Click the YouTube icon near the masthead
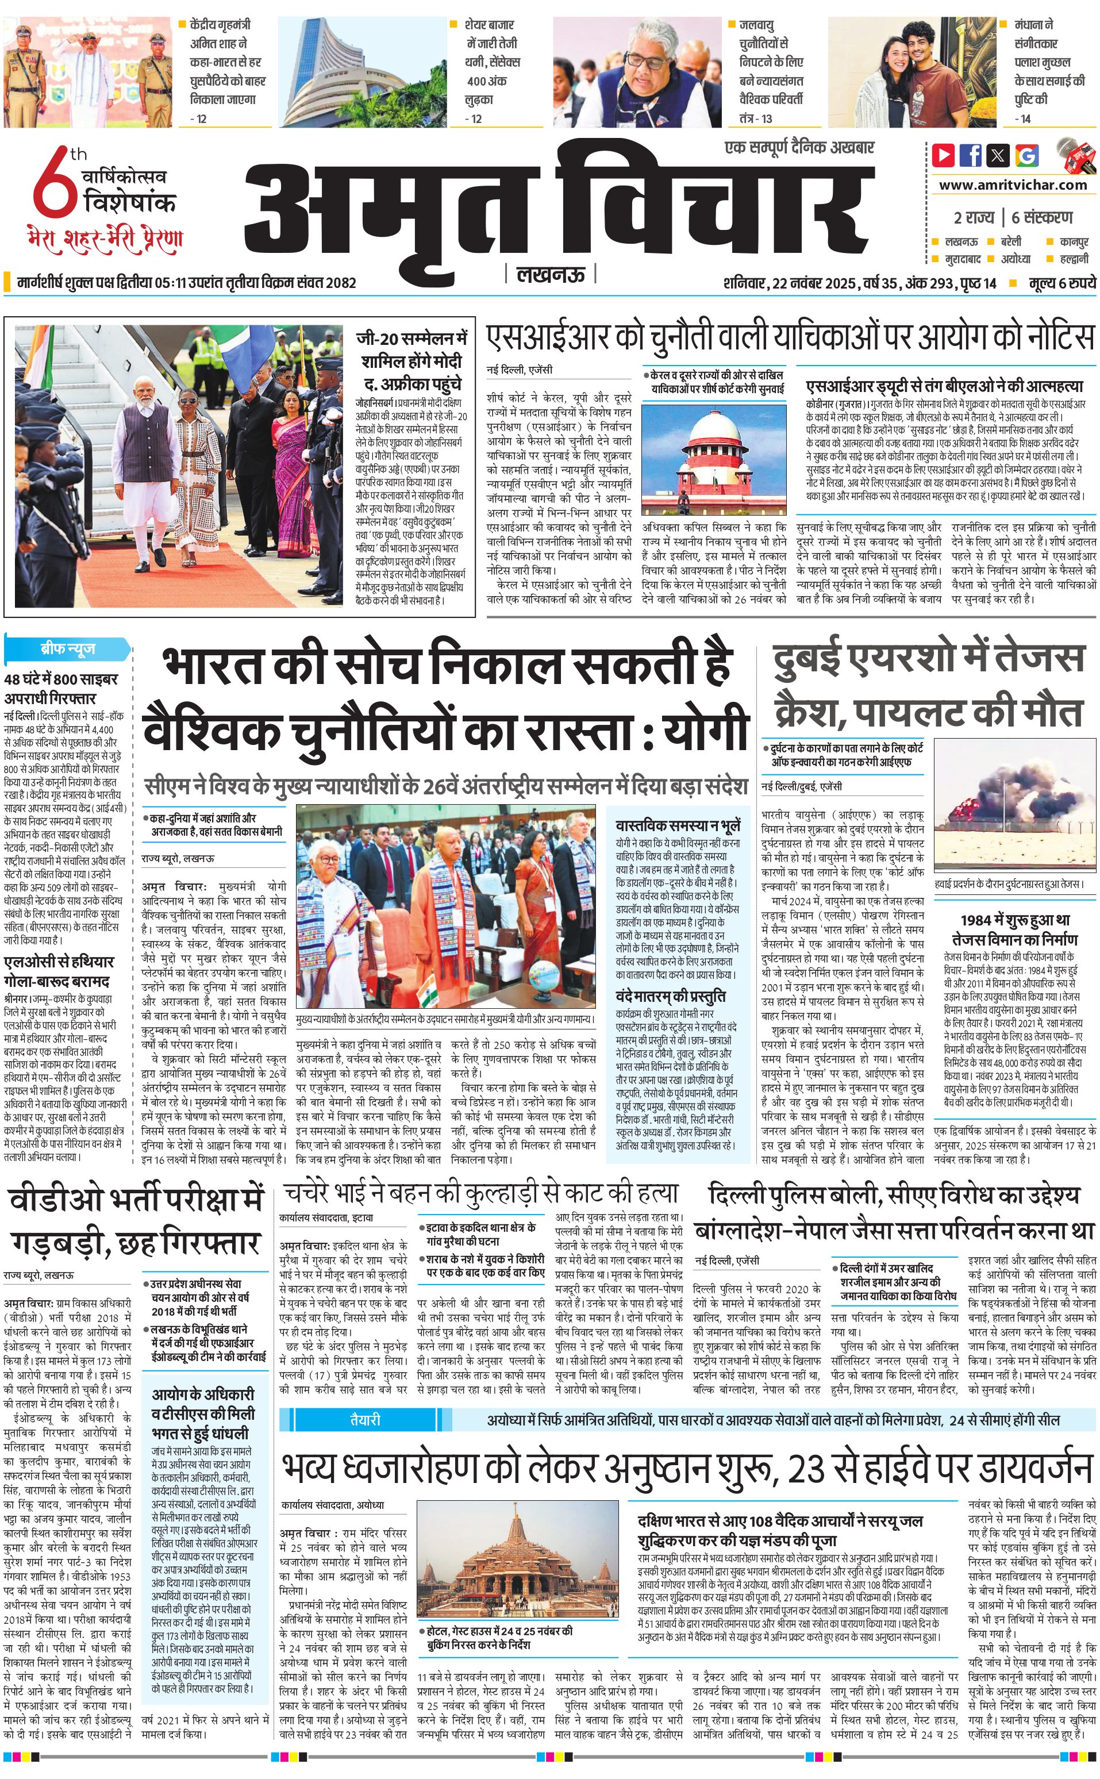[943, 155]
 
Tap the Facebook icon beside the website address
[971, 155]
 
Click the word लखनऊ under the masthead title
[550, 274]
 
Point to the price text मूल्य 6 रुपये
[1061, 283]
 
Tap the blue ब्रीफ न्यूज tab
[67, 648]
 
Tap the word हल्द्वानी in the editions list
[1073, 258]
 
